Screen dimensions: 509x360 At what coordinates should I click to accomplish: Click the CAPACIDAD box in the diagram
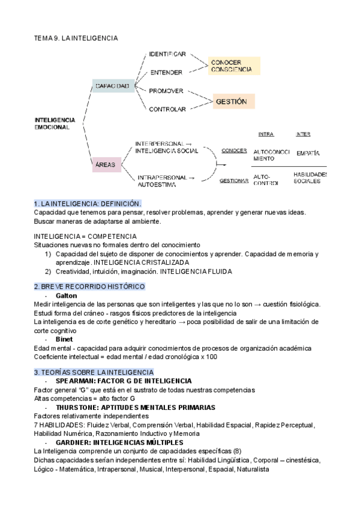(112, 86)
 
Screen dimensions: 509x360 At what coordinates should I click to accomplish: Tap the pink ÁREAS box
(106, 164)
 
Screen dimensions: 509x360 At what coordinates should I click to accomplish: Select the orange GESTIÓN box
(231, 102)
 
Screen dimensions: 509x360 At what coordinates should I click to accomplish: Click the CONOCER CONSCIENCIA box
(234, 65)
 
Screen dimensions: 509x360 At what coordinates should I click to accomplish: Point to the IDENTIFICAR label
(167, 54)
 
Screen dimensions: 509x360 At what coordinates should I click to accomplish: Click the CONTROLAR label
(167, 109)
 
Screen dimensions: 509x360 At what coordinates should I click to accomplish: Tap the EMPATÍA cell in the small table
(308, 153)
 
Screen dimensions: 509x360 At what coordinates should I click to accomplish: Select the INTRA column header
(266, 134)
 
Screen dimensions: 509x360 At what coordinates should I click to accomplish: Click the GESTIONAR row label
(234, 181)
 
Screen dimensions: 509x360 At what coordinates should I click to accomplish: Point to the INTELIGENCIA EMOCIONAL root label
(55, 124)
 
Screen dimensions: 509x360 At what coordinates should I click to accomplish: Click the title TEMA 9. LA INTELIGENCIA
(76, 38)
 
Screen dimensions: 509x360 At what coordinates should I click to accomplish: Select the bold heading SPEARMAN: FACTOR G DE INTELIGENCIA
(124, 381)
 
